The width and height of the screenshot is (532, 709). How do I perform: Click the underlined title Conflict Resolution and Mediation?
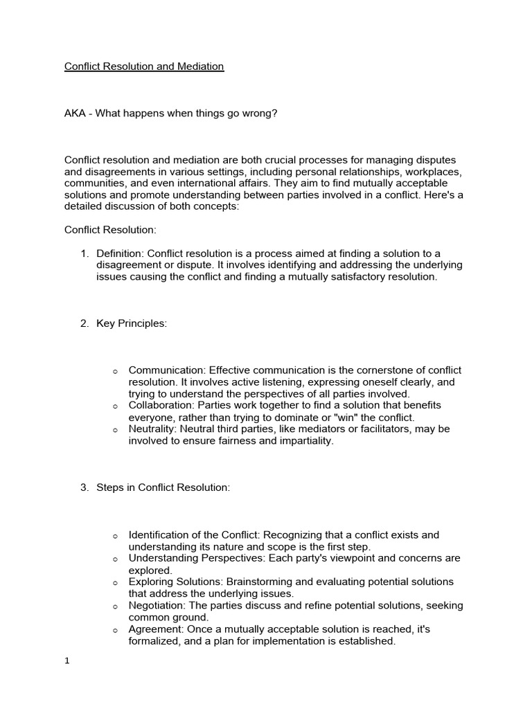click(x=144, y=66)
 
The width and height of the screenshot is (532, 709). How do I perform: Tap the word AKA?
click(x=76, y=113)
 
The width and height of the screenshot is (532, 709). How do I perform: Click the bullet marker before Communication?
click(x=115, y=372)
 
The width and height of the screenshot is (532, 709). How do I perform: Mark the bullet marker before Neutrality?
click(x=115, y=430)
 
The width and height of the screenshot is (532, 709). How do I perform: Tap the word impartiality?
click(x=302, y=440)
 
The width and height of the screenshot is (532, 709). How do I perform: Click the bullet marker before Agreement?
click(x=115, y=630)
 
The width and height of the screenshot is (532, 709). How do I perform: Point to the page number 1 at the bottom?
click(x=67, y=661)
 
